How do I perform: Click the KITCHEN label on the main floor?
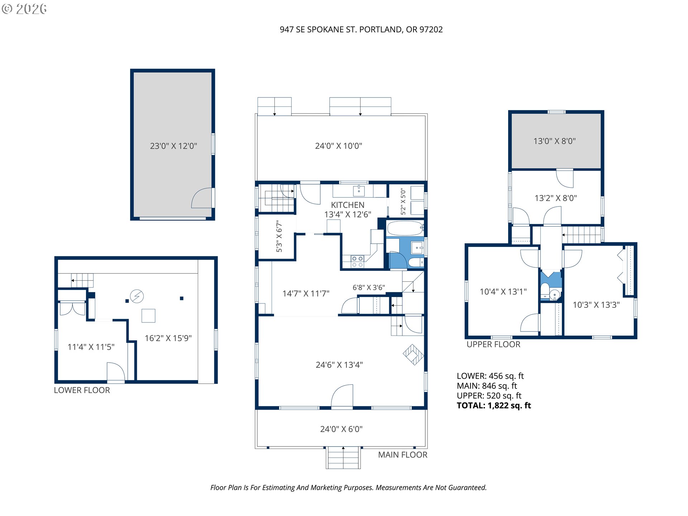(348, 205)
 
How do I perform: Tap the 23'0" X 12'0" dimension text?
(173, 146)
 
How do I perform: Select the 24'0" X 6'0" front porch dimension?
(341, 429)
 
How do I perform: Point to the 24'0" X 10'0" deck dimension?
(339, 146)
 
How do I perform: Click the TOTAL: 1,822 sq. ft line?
(494, 406)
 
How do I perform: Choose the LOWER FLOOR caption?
(82, 390)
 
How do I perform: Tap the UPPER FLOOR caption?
(493, 344)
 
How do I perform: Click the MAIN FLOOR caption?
(403, 455)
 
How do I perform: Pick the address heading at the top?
(361, 29)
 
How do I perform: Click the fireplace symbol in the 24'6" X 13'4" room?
(414, 355)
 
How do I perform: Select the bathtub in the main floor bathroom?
(405, 228)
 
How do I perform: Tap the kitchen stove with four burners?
(357, 262)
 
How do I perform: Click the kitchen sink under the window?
(359, 190)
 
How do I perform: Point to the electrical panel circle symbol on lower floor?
(137, 296)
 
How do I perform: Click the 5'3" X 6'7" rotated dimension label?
(279, 236)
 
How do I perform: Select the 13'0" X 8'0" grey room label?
(554, 141)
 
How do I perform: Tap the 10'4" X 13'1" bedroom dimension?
(503, 292)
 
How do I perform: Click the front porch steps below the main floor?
(343, 458)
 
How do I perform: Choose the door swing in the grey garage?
(201, 198)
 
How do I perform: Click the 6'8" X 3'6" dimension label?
(369, 287)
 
